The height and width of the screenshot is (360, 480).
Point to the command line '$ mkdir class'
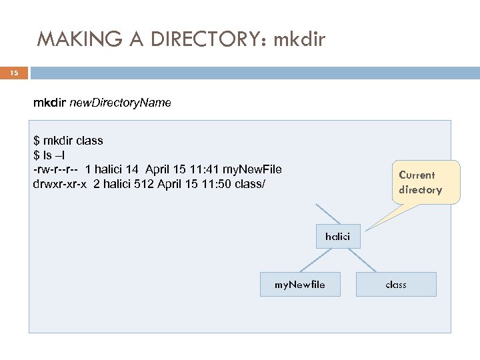[x=68, y=141]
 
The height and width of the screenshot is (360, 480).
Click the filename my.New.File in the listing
[x=252, y=169]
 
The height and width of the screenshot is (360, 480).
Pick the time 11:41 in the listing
[x=201, y=169]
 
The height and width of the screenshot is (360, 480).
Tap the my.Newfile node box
[x=300, y=284]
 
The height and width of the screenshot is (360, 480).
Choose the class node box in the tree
[x=396, y=284]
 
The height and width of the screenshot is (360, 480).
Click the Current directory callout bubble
[x=420, y=182]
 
